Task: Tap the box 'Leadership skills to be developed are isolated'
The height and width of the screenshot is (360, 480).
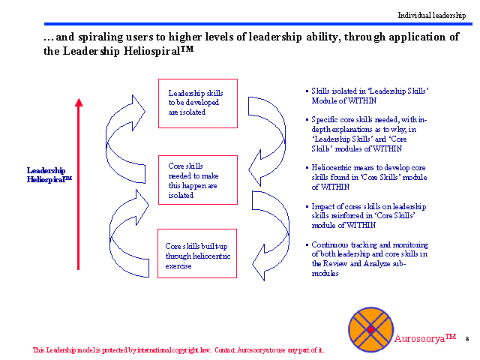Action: point(197,103)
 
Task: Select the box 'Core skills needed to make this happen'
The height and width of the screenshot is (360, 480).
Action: point(197,180)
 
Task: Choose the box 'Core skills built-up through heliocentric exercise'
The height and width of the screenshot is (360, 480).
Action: point(197,256)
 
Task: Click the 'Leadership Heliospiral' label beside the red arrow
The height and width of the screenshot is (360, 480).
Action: point(47,175)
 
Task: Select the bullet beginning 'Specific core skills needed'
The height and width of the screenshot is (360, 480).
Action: point(367,134)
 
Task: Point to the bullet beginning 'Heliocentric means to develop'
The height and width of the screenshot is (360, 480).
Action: point(367,178)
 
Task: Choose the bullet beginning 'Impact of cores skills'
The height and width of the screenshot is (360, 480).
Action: point(367,216)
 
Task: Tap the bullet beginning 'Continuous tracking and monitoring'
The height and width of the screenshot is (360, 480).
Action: point(367,259)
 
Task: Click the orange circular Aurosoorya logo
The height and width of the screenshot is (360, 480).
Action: point(370,329)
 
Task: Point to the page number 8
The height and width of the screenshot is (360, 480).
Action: point(466,339)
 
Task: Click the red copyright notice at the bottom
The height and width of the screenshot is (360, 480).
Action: point(178,350)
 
